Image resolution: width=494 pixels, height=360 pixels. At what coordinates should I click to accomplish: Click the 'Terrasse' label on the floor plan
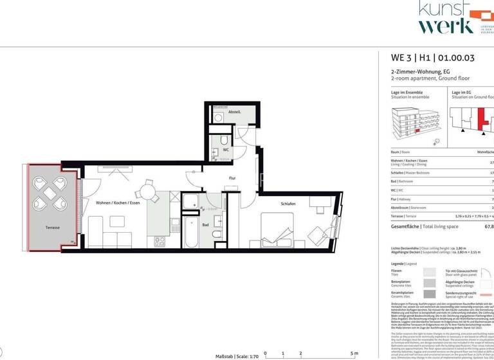coord(52,228)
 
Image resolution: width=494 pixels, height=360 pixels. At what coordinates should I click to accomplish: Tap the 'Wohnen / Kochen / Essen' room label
coord(117,203)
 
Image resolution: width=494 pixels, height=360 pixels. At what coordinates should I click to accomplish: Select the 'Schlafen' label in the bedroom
coord(288,204)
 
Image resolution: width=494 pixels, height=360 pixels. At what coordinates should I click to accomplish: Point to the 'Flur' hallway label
coord(233,179)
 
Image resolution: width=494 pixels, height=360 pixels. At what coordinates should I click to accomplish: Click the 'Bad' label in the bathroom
coord(205,225)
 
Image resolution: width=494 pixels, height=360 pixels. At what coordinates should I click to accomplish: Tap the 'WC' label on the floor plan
coord(226,150)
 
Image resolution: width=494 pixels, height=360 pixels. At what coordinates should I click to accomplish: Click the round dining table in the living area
coord(149,190)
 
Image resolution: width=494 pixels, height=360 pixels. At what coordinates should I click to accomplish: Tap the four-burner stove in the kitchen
coord(160,241)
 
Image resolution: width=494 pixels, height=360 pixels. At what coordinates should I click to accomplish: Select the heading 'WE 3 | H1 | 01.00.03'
coord(433,58)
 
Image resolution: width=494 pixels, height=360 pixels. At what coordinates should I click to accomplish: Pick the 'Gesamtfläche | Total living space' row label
coord(425,226)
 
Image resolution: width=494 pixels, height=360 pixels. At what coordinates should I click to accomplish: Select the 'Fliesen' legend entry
coord(398,271)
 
